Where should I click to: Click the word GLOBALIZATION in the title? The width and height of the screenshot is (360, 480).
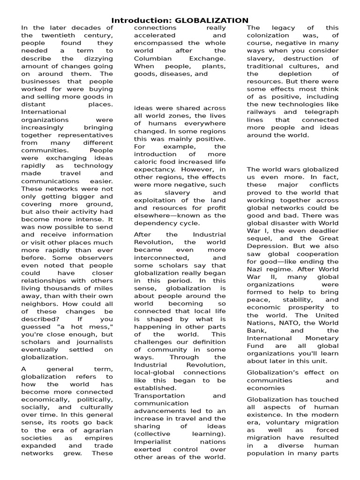211,20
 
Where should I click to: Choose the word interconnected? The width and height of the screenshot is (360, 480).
160,258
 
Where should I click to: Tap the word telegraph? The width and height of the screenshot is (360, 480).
323,112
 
